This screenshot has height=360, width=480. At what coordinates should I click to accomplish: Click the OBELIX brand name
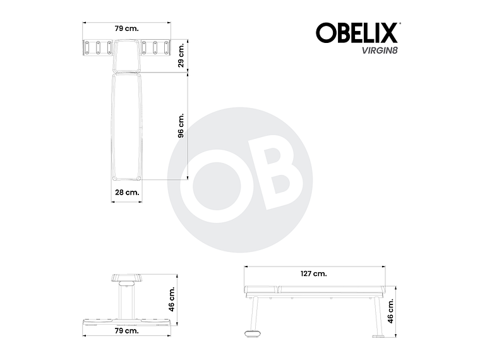click(356, 32)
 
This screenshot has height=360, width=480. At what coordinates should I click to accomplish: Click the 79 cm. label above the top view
click(127, 28)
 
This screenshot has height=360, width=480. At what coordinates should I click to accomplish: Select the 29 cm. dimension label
click(181, 56)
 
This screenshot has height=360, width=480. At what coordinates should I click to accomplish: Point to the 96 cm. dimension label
click(181, 126)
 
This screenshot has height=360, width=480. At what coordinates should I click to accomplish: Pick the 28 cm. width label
click(127, 192)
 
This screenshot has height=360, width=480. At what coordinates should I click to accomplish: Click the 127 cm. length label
click(314, 273)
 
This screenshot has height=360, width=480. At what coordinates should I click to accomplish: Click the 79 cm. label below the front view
click(127, 330)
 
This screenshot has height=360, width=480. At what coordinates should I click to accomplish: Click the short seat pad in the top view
click(127, 56)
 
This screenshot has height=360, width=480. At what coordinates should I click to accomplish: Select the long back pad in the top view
click(126, 126)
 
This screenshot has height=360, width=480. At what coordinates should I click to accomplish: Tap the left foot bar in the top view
click(97, 47)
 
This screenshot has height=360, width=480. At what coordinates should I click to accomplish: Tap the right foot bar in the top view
click(156, 47)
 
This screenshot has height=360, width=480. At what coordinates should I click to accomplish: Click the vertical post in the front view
click(126, 302)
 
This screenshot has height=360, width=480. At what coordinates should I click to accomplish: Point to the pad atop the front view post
click(126, 279)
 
